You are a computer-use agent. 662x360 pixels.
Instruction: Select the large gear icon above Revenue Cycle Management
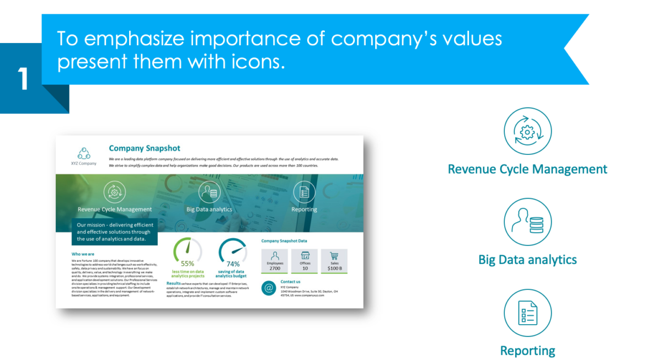pyautogui.click(x=527, y=132)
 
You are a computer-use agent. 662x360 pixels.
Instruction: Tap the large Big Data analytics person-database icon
pyautogui.click(x=527, y=222)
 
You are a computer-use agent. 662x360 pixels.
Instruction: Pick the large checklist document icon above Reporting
pyautogui.click(x=527, y=313)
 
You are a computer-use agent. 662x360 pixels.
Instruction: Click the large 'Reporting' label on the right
pyautogui.click(x=527, y=351)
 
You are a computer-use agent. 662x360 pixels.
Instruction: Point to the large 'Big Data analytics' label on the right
pyautogui.click(x=527, y=260)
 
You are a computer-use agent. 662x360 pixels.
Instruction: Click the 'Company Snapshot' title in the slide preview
pyautogui.click(x=145, y=148)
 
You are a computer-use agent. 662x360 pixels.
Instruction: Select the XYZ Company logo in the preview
pyautogui.click(x=83, y=154)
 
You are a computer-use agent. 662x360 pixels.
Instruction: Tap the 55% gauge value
pyautogui.click(x=188, y=264)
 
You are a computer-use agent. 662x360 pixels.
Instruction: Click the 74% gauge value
pyautogui.click(x=233, y=264)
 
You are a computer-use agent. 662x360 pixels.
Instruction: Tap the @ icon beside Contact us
pyautogui.click(x=269, y=288)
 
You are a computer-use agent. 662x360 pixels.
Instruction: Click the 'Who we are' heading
pyautogui.click(x=83, y=254)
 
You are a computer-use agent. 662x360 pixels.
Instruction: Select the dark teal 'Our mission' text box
pyautogui.click(x=115, y=232)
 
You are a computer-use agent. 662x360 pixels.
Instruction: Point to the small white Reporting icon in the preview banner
pyautogui.click(x=304, y=192)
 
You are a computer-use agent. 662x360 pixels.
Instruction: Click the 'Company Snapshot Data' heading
pyautogui.click(x=284, y=241)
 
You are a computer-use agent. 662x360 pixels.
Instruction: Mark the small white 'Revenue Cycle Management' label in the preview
pyautogui.click(x=115, y=209)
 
